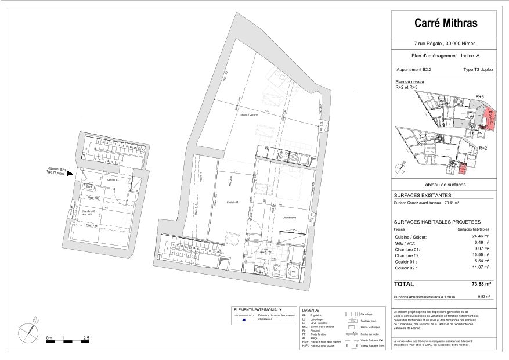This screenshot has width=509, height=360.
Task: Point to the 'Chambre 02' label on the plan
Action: click(x=290, y=217)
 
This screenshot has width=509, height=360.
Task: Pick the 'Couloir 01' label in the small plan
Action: click(x=113, y=179)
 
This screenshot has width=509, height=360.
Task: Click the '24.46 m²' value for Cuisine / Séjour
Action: click(x=479, y=236)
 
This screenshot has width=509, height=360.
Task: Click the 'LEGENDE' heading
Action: click(x=311, y=310)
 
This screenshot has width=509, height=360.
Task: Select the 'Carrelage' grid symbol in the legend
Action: click(x=353, y=314)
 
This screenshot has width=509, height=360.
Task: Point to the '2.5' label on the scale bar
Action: click(x=85, y=337)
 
